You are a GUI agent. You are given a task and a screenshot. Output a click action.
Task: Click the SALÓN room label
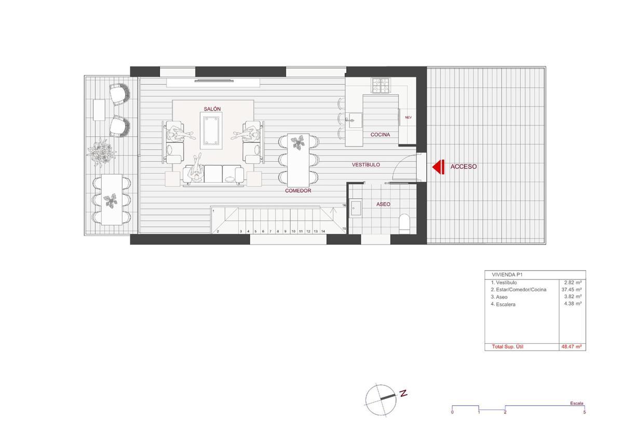[212, 109]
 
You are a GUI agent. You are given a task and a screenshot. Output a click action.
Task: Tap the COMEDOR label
[298, 191]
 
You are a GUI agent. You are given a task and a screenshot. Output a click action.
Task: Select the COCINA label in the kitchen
[380, 135]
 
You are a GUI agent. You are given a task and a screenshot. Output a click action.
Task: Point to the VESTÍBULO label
[365, 165]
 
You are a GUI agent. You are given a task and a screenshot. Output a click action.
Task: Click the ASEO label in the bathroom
[383, 204]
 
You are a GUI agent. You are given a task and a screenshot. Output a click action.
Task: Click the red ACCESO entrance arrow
[438, 167]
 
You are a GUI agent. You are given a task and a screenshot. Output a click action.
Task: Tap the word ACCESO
[463, 167]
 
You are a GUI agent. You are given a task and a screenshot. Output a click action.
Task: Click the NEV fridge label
[408, 118]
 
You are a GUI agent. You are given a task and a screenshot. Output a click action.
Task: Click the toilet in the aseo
[404, 224]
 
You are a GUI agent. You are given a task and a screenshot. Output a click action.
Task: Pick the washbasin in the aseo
[356, 207]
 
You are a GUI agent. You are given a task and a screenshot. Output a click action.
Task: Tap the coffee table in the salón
[211, 130]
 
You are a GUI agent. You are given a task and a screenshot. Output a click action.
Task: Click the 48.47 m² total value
[572, 346]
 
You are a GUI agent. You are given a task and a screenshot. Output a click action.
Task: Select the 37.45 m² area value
[572, 290]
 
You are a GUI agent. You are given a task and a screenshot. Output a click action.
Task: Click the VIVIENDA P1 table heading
[507, 275]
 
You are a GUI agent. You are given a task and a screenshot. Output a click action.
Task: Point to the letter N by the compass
[403, 393]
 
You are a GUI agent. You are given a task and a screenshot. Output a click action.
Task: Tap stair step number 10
[293, 232]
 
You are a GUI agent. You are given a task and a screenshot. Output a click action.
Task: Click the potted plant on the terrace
[102, 153]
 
